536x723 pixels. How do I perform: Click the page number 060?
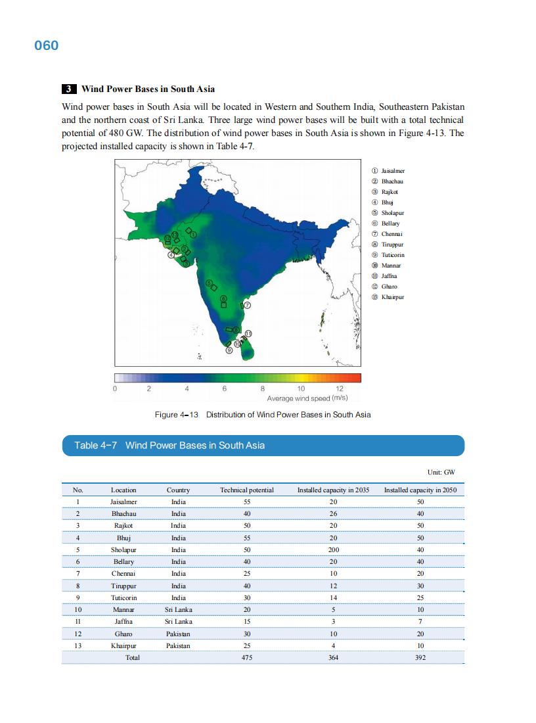tap(47, 45)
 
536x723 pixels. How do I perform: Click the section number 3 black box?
tap(69, 89)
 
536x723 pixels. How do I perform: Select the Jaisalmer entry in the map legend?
tap(392, 171)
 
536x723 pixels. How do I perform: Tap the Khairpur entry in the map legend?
tap(392, 297)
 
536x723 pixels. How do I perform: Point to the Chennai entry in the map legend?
tap(391, 234)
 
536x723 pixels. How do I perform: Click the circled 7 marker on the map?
tap(247, 306)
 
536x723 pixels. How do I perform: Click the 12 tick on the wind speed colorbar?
tap(340, 388)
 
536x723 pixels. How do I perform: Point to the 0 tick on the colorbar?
tap(115, 388)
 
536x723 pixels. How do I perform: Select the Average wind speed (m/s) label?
tap(307, 398)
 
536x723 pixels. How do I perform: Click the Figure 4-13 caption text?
tap(262, 415)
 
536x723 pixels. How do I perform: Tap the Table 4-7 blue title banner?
tap(263, 446)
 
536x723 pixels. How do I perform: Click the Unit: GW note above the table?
tap(441, 472)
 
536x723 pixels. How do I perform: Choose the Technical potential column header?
tap(246, 490)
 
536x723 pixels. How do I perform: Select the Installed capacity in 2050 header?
tap(420, 490)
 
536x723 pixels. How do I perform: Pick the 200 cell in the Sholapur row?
tap(333, 549)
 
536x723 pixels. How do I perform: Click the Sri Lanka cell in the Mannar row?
tap(178, 609)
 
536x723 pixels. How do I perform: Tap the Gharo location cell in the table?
tap(123, 634)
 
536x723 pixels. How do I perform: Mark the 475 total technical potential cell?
tap(247, 657)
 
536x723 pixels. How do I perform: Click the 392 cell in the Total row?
tap(420, 657)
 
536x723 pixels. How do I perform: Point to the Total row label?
tap(133, 657)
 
